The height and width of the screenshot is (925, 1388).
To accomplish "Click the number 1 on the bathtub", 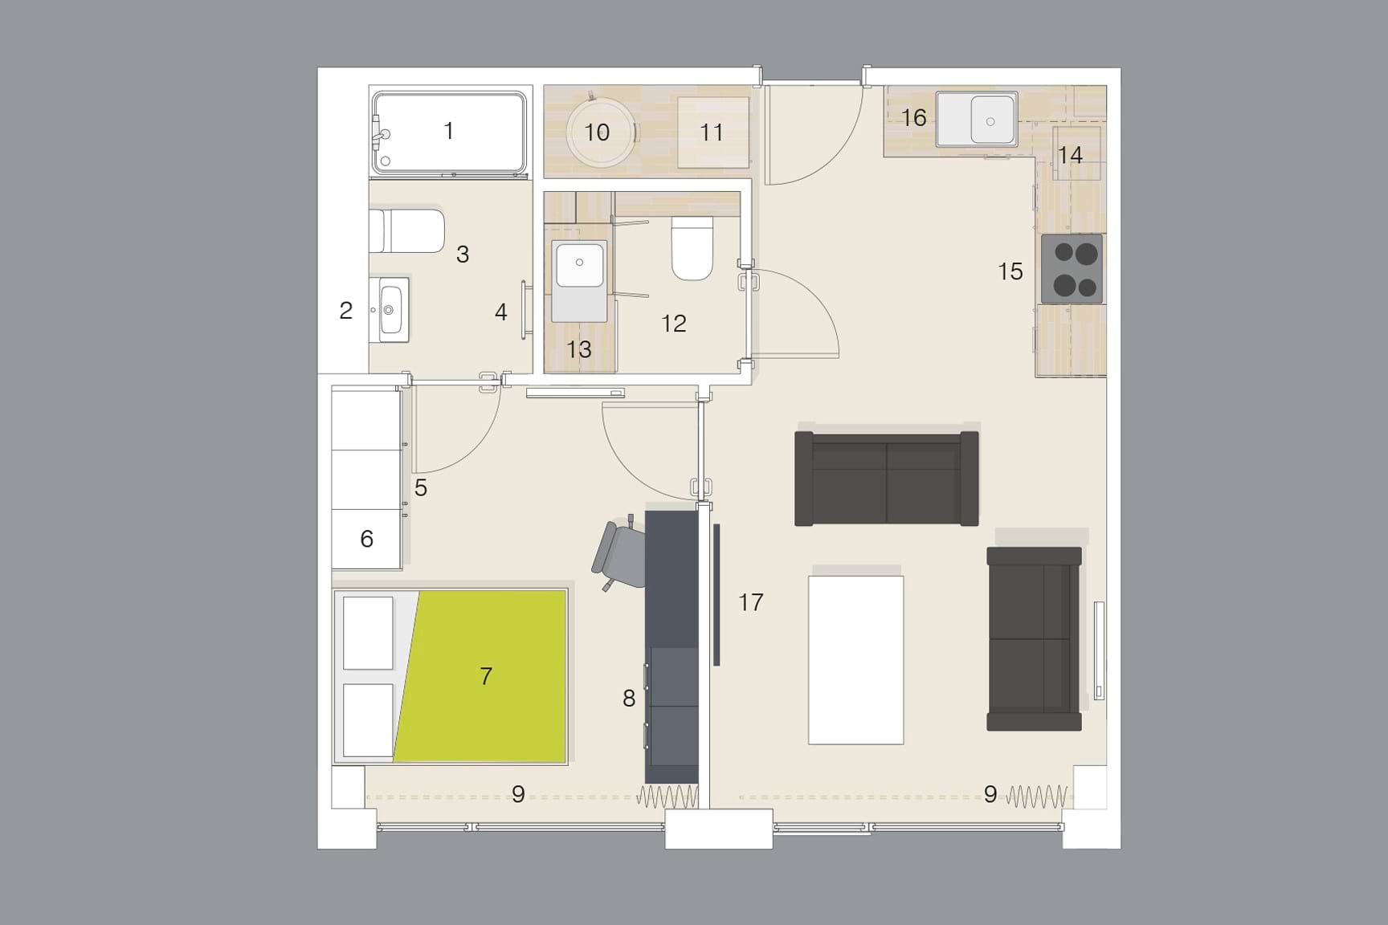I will [448, 130].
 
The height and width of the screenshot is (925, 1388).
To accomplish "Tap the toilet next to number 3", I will [408, 231].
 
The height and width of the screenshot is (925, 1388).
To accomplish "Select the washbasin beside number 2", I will [393, 309].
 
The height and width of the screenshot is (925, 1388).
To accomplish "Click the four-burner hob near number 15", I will [1072, 269].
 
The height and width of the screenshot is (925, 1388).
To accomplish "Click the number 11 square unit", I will [712, 132].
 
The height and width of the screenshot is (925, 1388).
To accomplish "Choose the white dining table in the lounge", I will [855, 660].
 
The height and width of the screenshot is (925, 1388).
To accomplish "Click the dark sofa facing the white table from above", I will [886, 479].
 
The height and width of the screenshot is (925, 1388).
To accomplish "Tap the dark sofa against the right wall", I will [1034, 639].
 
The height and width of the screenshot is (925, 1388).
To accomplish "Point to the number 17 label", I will [750, 602].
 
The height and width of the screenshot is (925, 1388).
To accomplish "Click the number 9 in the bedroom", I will [518, 794].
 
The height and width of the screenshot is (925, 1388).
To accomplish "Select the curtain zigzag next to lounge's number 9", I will [1037, 797].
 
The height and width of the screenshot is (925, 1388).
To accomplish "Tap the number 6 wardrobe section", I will [366, 539].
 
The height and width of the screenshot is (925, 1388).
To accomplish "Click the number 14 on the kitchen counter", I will [1069, 155].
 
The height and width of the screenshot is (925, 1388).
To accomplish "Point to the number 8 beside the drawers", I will [629, 699].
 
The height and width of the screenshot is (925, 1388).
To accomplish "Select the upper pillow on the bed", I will [368, 633].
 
